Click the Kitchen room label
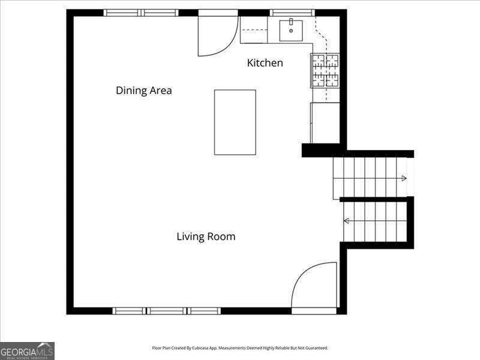[265, 63]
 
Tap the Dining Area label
[144, 91]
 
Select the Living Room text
[206, 236]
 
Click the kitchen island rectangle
[235, 122]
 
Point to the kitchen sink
[291, 31]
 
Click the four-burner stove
[325, 70]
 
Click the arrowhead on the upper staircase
[404, 178]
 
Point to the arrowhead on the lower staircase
[347, 220]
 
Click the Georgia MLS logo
[27, 351]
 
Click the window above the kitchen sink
[292, 13]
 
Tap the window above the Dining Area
[141, 13]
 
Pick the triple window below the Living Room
[166, 311]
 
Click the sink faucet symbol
[291, 21]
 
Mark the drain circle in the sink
[291, 31]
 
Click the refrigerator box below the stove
[325, 123]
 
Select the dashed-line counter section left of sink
[254, 29]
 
